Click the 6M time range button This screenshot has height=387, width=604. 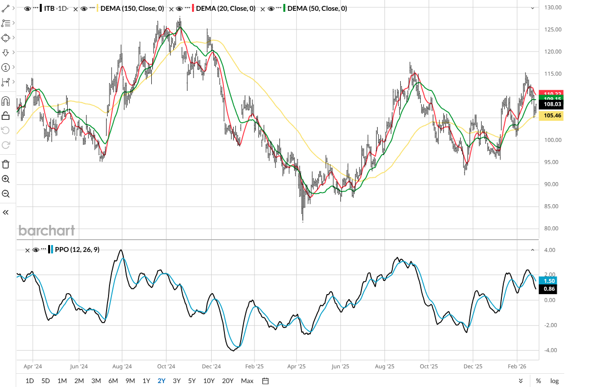pos(113,381)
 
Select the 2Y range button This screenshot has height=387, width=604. pos(162,381)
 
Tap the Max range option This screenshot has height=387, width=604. pos(247,381)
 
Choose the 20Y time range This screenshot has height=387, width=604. pos(228,381)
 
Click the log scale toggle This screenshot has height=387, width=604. pos(554,381)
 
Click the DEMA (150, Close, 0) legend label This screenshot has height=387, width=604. pos(132,8)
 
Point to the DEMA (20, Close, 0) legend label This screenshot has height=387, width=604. pos(224,8)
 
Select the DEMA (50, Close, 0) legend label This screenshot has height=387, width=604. pos(317,8)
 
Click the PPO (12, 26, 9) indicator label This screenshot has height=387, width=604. pos(77,249)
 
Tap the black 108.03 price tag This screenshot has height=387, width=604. pos(549,105)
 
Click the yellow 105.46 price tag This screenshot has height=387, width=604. pos(549,115)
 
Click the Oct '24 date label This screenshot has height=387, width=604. pos(166,366)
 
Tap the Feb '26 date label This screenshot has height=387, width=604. pos(517,366)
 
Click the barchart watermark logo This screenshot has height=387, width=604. pos(47,230)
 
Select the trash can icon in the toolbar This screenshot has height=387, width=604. pos(6,164)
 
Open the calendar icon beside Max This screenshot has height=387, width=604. pos(265,381)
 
